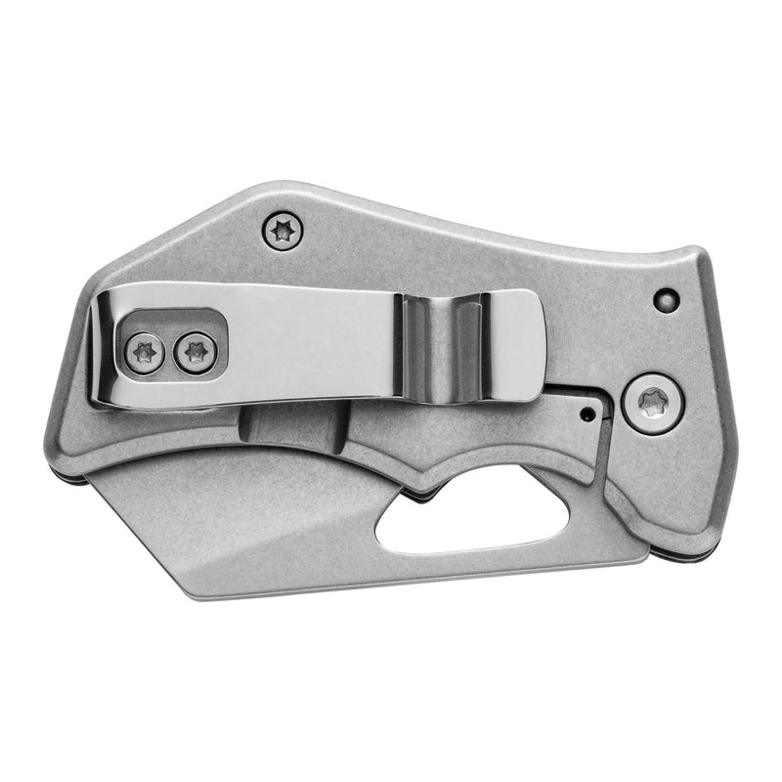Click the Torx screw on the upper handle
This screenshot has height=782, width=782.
pyautogui.click(x=283, y=232)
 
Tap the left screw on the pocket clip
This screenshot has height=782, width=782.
pyautogui.click(x=145, y=353)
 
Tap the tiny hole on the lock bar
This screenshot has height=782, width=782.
pyautogui.click(x=587, y=413)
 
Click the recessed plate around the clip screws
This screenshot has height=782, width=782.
pyautogui.click(x=171, y=339)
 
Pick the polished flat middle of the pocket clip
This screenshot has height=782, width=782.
pyautogui.click(x=313, y=342)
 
